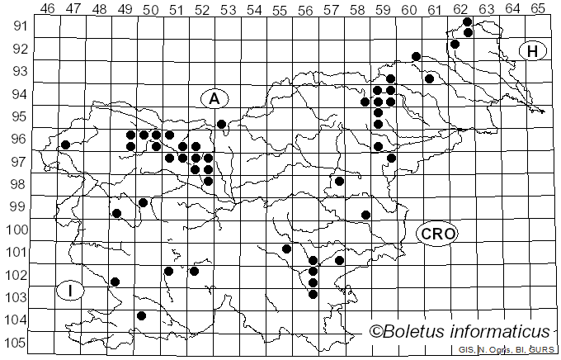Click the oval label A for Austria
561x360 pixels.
(214, 98)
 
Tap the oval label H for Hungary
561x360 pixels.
(533, 51)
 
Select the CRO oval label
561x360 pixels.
(437, 234)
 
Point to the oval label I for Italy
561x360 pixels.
(71, 291)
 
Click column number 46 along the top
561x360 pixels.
(48, 8)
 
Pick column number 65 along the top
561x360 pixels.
(538, 8)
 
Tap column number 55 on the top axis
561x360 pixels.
(280, 8)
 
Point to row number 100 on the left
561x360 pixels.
(16, 230)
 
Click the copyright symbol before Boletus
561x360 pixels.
(376, 332)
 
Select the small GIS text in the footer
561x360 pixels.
(466, 350)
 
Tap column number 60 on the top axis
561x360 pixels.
(409, 8)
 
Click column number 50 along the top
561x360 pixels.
(151, 8)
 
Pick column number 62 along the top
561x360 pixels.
(460, 8)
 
